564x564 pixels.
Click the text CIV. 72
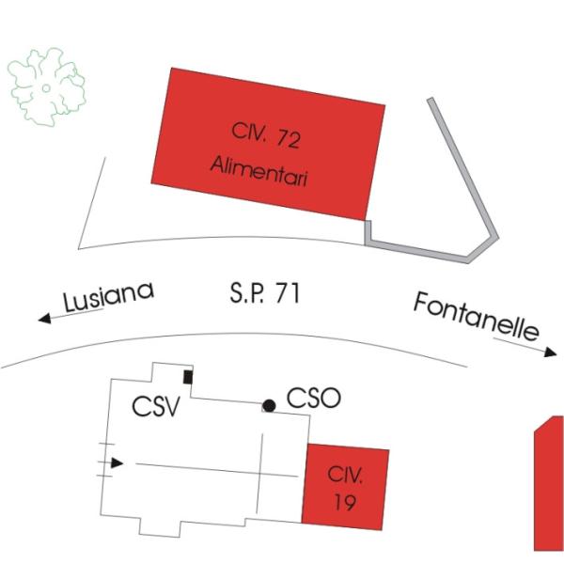(265, 140)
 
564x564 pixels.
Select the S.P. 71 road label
(264, 292)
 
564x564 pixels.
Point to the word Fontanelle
(477, 316)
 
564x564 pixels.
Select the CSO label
(312, 399)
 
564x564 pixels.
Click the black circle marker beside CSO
(269, 406)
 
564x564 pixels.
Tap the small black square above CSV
(188, 377)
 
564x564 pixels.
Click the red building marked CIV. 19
(345, 486)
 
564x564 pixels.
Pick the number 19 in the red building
(345, 503)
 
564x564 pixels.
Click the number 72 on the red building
(289, 140)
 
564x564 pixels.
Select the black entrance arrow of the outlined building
(117, 462)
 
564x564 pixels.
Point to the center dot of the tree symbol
(45, 87)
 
